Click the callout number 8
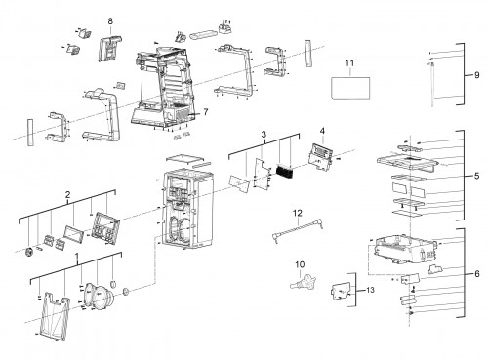pos(110,21)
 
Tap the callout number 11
pos(349,63)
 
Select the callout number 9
pos(477,75)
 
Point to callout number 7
pos(205,112)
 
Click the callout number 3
pos(264,134)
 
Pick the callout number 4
pos(322,131)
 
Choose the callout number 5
pos(477,176)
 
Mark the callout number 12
pos(298,213)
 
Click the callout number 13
pos(370,290)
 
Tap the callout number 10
pos(300,264)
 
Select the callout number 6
pos(477,274)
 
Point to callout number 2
pos(67,195)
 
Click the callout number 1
pos(77,257)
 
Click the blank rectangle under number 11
pos(350,88)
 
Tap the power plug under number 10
pos(304,282)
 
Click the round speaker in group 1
pos(99,296)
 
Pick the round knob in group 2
pos(29,252)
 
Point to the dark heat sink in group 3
pos(285,172)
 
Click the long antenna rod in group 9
pos(432,84)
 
